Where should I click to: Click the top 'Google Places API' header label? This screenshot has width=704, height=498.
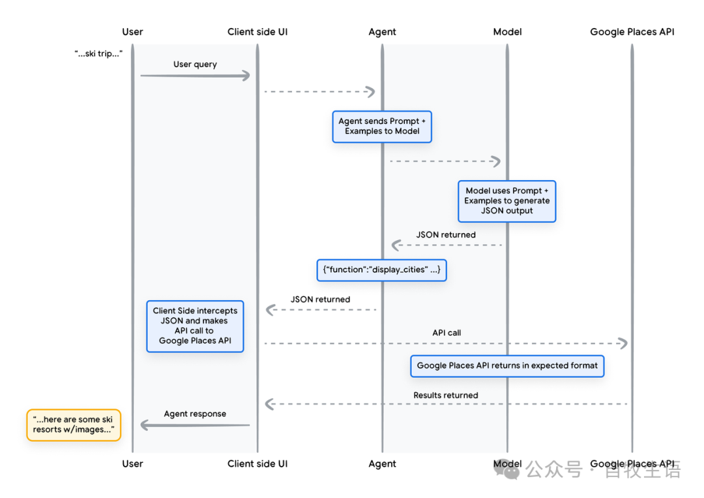click(632, 31)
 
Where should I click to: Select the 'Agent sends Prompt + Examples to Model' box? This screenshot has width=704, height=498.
click(382, 127)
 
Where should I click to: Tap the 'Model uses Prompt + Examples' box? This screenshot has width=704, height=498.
click(506, 201)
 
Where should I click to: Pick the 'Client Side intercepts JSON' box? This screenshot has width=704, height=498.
click(195, 326)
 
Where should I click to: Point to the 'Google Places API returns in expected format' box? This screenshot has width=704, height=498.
click(506, 366)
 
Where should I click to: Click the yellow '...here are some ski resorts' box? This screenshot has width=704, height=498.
click(74, 425)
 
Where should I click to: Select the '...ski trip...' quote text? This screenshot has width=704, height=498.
click(98, 53)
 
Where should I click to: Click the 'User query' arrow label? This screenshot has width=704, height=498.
click(195, 65)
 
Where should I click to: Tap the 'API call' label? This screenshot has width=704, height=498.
click(447, 333)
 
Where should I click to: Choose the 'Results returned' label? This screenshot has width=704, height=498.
click(445, 396)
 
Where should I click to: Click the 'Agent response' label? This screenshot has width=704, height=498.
click(195, 414)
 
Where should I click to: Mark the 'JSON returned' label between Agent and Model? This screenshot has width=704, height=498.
click(446, 235)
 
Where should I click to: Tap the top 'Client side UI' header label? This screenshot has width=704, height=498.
click(257, 31)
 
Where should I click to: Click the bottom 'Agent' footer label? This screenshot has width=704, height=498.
click(382, 464)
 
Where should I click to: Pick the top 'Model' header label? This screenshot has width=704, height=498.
click(507, 31)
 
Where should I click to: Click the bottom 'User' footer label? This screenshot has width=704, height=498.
click(132, 464)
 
